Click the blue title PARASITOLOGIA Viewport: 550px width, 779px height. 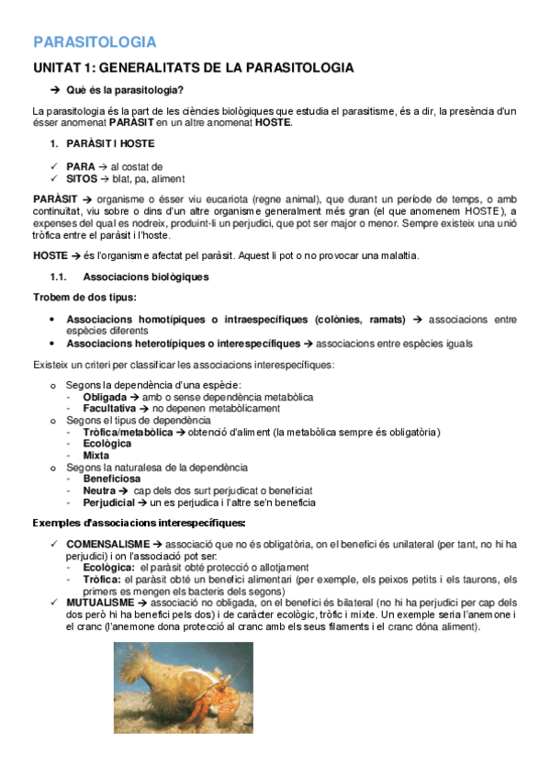[x=95, y=41]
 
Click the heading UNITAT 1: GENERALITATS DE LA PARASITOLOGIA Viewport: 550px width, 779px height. [x=193, y=68]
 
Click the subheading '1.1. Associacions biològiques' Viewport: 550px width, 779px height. [x=146, y=277]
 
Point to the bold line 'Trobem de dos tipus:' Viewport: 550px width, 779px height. [x=84, y=297]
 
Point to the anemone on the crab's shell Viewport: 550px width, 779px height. [x=156, y=668]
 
